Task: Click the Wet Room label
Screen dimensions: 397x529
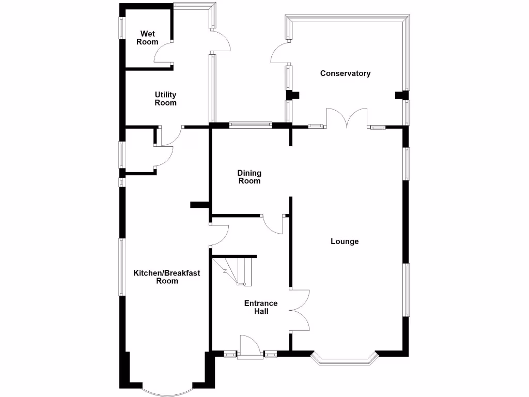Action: click(147, 38)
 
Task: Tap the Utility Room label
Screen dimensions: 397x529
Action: click(166, 99)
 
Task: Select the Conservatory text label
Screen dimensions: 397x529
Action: click(345, 73)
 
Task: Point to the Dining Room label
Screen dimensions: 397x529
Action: click(249, 177)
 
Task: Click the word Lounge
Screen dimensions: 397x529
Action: click(345, 241)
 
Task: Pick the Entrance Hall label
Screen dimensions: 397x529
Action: click(261, 307)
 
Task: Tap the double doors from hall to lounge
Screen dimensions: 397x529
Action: click(300, 310)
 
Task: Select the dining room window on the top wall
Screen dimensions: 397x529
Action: click(251, 124)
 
